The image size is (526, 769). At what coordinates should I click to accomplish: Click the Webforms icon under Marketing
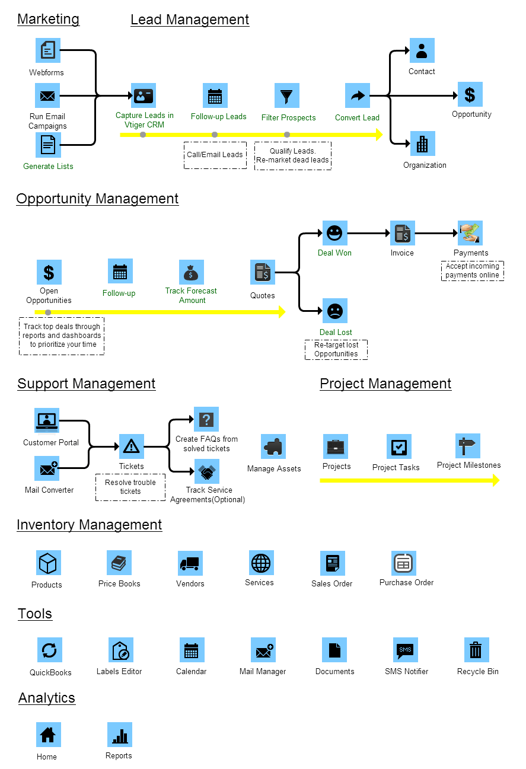49,50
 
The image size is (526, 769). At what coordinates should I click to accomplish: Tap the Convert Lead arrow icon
358,95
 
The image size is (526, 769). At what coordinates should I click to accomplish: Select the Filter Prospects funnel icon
287,95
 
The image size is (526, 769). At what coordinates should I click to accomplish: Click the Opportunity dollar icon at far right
470,94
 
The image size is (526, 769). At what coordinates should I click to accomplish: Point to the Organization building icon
422,143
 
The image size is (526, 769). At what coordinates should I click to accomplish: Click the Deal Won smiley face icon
335,233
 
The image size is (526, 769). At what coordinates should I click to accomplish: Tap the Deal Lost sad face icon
335,311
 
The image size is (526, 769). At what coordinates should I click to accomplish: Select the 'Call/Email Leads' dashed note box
215,155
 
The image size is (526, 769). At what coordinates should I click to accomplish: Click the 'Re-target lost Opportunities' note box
336,349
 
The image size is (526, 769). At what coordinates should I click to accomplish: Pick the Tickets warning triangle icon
132,446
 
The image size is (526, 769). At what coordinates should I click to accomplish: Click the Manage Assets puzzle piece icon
273,446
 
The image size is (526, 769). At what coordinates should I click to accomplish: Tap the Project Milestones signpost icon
468,445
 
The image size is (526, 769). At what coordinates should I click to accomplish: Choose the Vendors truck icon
190,563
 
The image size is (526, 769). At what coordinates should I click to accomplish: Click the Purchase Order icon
404,563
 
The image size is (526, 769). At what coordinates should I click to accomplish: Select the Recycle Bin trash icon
476,650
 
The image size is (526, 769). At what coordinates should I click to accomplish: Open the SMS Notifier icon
405,650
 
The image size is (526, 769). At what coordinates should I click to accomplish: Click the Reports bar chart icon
120,735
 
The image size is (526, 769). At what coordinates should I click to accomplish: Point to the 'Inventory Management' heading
89,525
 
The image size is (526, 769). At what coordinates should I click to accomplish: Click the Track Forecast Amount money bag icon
191,272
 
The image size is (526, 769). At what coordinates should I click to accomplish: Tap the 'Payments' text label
471,253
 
